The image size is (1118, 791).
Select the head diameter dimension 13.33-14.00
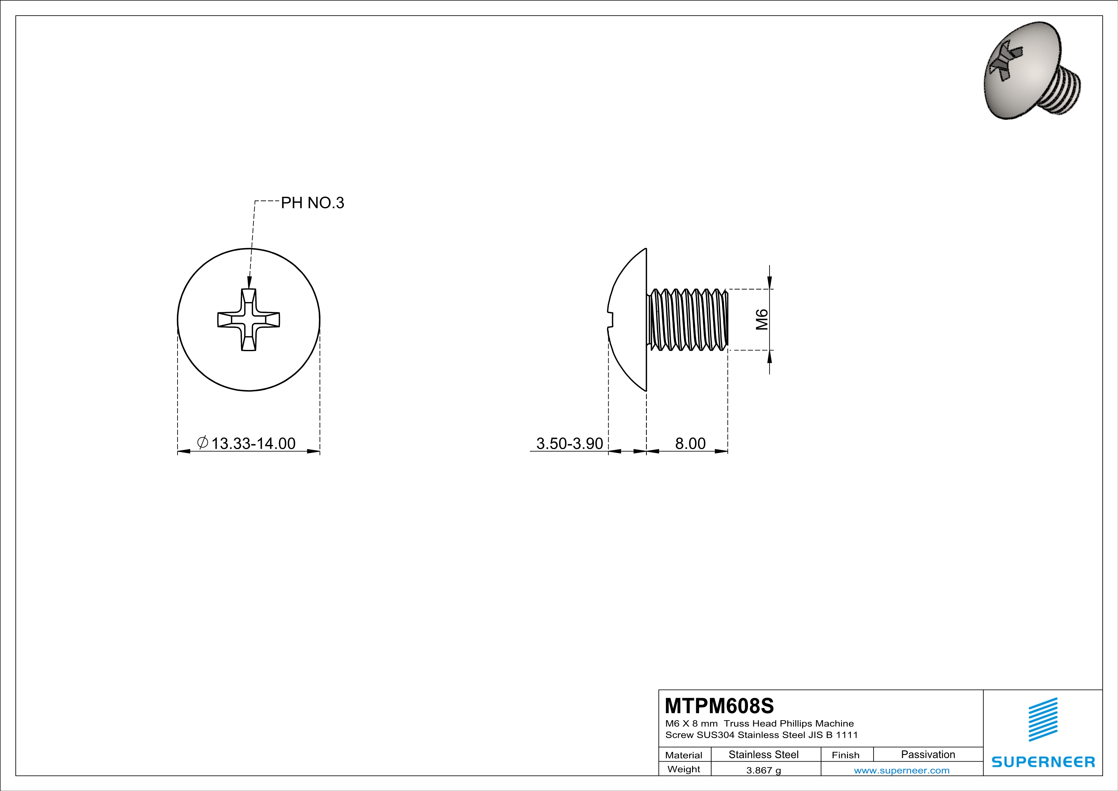point(253,443)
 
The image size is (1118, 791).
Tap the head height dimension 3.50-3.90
point(569,443)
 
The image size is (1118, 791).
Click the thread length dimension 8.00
point(690,443)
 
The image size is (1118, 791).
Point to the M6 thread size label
point(762,320)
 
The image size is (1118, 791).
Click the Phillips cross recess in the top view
point(248,320)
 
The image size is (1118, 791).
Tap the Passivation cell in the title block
point(928,754)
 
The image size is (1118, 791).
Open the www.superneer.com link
point(901,770)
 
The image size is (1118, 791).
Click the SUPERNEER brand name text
point(1043,762)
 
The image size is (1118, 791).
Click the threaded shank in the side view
point(688,320)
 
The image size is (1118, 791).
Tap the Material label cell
point(684,755)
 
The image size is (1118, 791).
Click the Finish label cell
point(845,755)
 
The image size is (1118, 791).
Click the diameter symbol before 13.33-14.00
point(202,442)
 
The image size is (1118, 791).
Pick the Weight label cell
point(684,769)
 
